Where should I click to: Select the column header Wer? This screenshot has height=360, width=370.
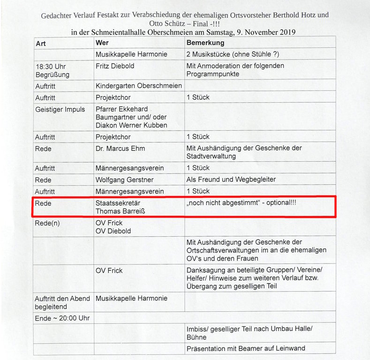pyautogui.click(x=102, y=43)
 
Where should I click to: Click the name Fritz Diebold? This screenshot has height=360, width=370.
pyautogui.click(x=115, y=66)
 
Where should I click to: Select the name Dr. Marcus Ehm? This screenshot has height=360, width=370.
pyautogui.click(x=120, y=149)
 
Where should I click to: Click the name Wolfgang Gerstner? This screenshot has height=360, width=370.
pyautogui.click(x=124, y=180)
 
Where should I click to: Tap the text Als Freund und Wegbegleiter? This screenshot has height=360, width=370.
pyautogui.click(x=231, y=180)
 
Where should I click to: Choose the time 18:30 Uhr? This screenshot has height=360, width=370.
pyautogui.click(x=51, y=67)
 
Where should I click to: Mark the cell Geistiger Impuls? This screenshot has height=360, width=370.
pyautogui.click(x=60, y=109)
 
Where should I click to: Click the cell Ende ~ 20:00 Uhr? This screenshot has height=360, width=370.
pyautogui.click(x=62, y=318)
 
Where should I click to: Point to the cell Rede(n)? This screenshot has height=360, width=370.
pyautogui.click(x=47, y=223)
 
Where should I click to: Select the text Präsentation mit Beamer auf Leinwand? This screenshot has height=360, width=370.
pyautogui.click(x=246, y=348)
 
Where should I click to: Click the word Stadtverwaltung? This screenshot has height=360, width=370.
pyautogui.click(x=211, y=156)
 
